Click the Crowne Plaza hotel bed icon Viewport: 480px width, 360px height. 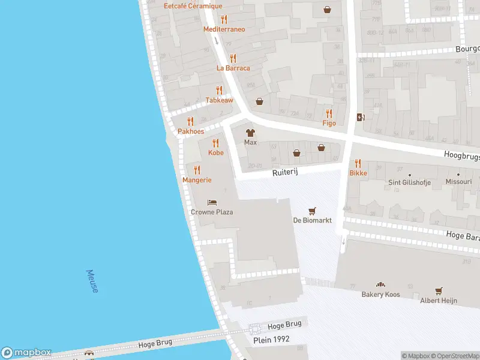[x=212, y=202]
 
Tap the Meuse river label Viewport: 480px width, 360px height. [x=93, y=281]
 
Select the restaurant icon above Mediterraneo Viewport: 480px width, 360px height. [x=224, y=19]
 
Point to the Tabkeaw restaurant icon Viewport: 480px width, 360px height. [x=219, y=91]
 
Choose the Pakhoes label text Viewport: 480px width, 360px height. [x=190, y=131]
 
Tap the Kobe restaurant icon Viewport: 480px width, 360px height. [x=215, y=143]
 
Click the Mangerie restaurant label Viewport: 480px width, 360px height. [x=197, y=180]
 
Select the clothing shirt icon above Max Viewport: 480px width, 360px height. [x=250, y=133]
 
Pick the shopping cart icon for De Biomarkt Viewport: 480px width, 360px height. [x=311, y=211]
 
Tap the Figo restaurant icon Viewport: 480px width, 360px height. [x=329, y=113]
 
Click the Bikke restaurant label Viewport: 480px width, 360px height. [x=358, y=173]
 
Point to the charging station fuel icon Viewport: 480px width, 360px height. [x=360, y=118]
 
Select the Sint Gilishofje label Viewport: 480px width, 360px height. [x=410, y=182]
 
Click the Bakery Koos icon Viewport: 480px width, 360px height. [x=380, y=284]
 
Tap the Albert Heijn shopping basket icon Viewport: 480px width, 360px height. [x=439, y=290]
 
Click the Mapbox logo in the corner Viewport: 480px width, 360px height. [x=26, y=353]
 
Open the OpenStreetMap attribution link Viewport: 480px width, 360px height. [x=455, y=356]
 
